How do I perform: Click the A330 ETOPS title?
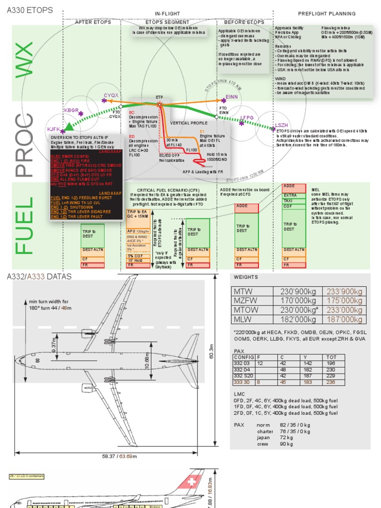pyautogui.click(x=30, y=9)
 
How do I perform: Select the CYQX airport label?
pyautogui.click(x=111, y=94)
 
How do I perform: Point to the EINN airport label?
pyautogui.click(x=231, y=97)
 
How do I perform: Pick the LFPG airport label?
pyautogui.click(x=247, y=118)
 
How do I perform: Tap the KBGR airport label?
pyautogui.click(x=71, y=110)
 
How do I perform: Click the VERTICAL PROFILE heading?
pyautogui.click(x=189, y=123)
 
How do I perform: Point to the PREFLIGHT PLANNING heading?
pyautogui.click(x=326, y=14)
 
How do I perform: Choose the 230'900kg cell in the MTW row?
pyautogui.click(x=297, y=292)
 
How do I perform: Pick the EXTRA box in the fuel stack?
pyautogui.click(x=290, y=195)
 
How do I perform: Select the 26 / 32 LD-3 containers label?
pyautogui.click(x=27, y=476)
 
